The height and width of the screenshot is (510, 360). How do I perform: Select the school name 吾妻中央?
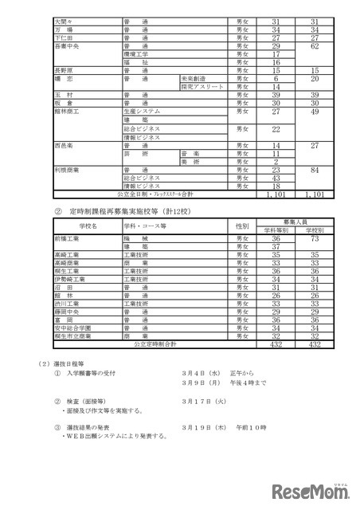coord(66,45)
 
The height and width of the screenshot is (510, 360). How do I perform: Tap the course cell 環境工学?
coord(131,53)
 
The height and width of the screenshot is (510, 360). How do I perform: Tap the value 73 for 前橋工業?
coord(315,238)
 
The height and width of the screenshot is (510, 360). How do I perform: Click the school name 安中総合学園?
coord(72,328)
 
